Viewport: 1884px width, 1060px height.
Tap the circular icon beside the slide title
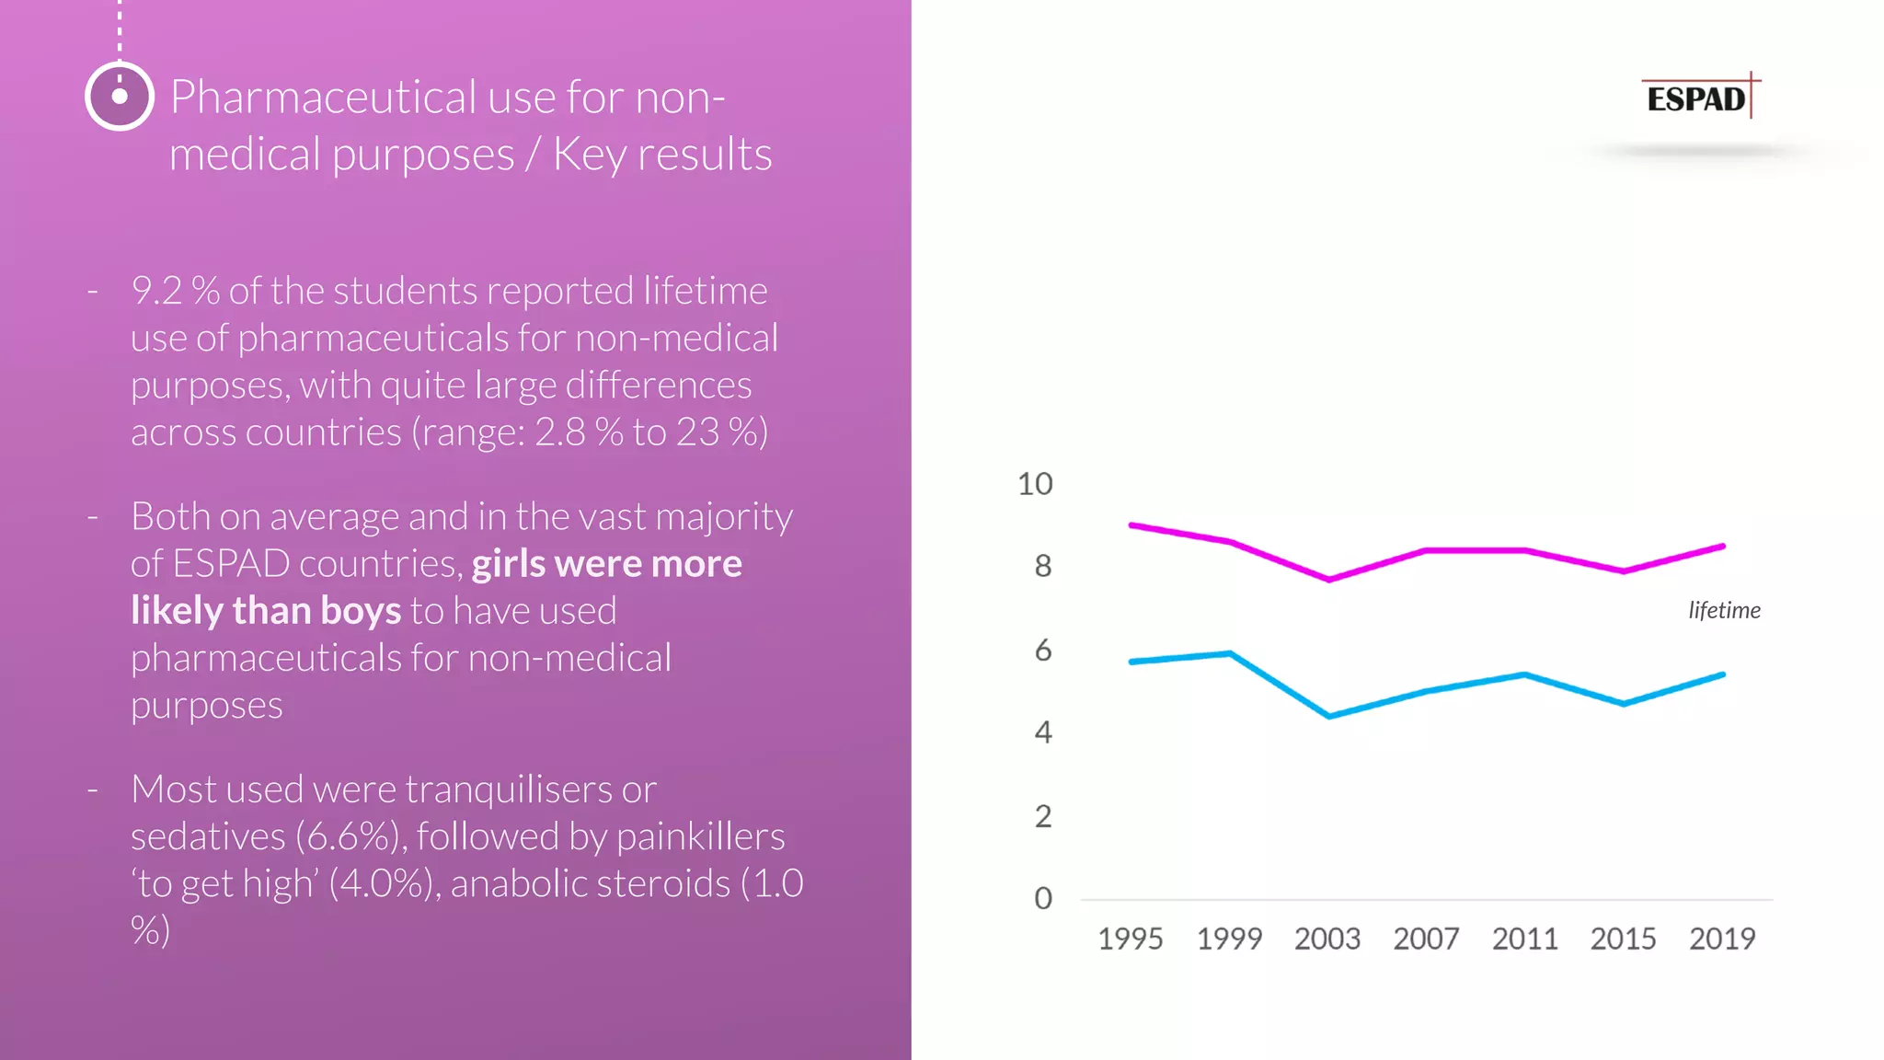tap(120, 96)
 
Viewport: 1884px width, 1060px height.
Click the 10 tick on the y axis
tap(1035, 484)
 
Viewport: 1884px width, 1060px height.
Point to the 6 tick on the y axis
tap(1042, 651)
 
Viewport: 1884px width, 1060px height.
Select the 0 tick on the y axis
tap(1042, 898)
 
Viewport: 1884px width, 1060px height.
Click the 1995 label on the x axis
tap(1130, 939)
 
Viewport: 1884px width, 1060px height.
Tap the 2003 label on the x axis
tap(1327, 939)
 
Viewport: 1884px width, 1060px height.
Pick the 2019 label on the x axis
tap(1721, 939)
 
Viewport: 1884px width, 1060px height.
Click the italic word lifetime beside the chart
tap(1723, 610)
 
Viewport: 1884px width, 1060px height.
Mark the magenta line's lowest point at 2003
tap(1328, 580)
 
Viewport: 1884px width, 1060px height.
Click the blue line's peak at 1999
tap(1230, 653)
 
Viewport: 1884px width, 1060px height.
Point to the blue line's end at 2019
tap(1722, 675)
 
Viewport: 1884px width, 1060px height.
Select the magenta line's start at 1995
tap(1132, 525)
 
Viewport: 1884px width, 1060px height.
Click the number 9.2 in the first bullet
tap(156, 291)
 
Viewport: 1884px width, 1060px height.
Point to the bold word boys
tap(361, 611)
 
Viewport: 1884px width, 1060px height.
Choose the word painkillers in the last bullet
tap(700, 836)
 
